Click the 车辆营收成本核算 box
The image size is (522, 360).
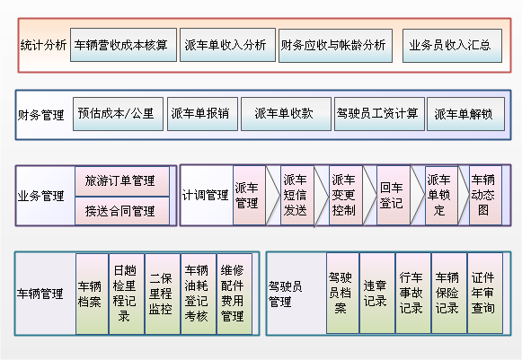click(x=123, y=45)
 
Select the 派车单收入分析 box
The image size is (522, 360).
click(x=227, y=45)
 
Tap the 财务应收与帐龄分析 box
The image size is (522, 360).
click(x=335, y=46)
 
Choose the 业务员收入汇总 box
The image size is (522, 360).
click(x=452, y=46)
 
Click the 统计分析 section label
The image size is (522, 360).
click(x=43, y=45)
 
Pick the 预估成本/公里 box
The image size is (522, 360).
click(x=118, y=114)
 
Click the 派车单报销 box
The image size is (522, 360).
click(x=202, y=114)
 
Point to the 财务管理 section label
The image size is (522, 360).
click(x=40, y=115)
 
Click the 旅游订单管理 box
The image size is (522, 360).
click(x=122, y=181)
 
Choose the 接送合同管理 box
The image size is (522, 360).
click(x=122, y=211)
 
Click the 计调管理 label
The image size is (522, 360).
click(x=205, y=195)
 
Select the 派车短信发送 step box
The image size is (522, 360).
click(x=297, y=195)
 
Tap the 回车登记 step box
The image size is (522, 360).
click(x=394, y=195)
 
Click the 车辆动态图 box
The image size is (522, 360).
click(x=485, y=195)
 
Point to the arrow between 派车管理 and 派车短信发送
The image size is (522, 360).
click(x=272, y=195)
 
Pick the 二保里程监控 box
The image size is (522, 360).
click(x=163, y=294)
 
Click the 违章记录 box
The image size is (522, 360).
click(x=377, y=294)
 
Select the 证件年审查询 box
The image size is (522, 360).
click(x=485, y=294)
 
